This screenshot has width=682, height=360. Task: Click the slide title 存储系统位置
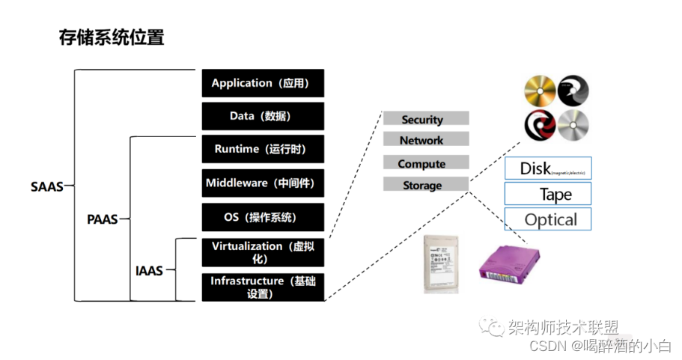(111, 37)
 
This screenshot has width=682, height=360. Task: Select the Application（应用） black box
(263, 83)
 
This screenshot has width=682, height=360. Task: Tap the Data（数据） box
(263, 116)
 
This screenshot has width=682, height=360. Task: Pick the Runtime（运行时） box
(263, 149)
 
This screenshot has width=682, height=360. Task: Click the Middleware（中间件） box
(263, 183)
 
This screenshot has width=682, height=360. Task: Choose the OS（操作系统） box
(263, 217)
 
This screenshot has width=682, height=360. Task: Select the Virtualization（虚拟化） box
(263, 252)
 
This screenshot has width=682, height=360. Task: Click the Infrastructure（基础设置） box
(263, 287)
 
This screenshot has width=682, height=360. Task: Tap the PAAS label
(103, 220)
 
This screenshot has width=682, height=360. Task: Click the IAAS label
(149, 270)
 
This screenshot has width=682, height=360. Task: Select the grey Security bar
(425, 119)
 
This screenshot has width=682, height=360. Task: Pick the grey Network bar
(425, 140)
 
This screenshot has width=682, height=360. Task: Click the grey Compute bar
(425, 163)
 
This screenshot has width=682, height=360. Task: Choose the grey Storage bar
(425, 185)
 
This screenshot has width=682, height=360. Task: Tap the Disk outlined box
(548, 168)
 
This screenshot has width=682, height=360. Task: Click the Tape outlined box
(548, 195)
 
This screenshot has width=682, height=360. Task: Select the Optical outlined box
(548, 220)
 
